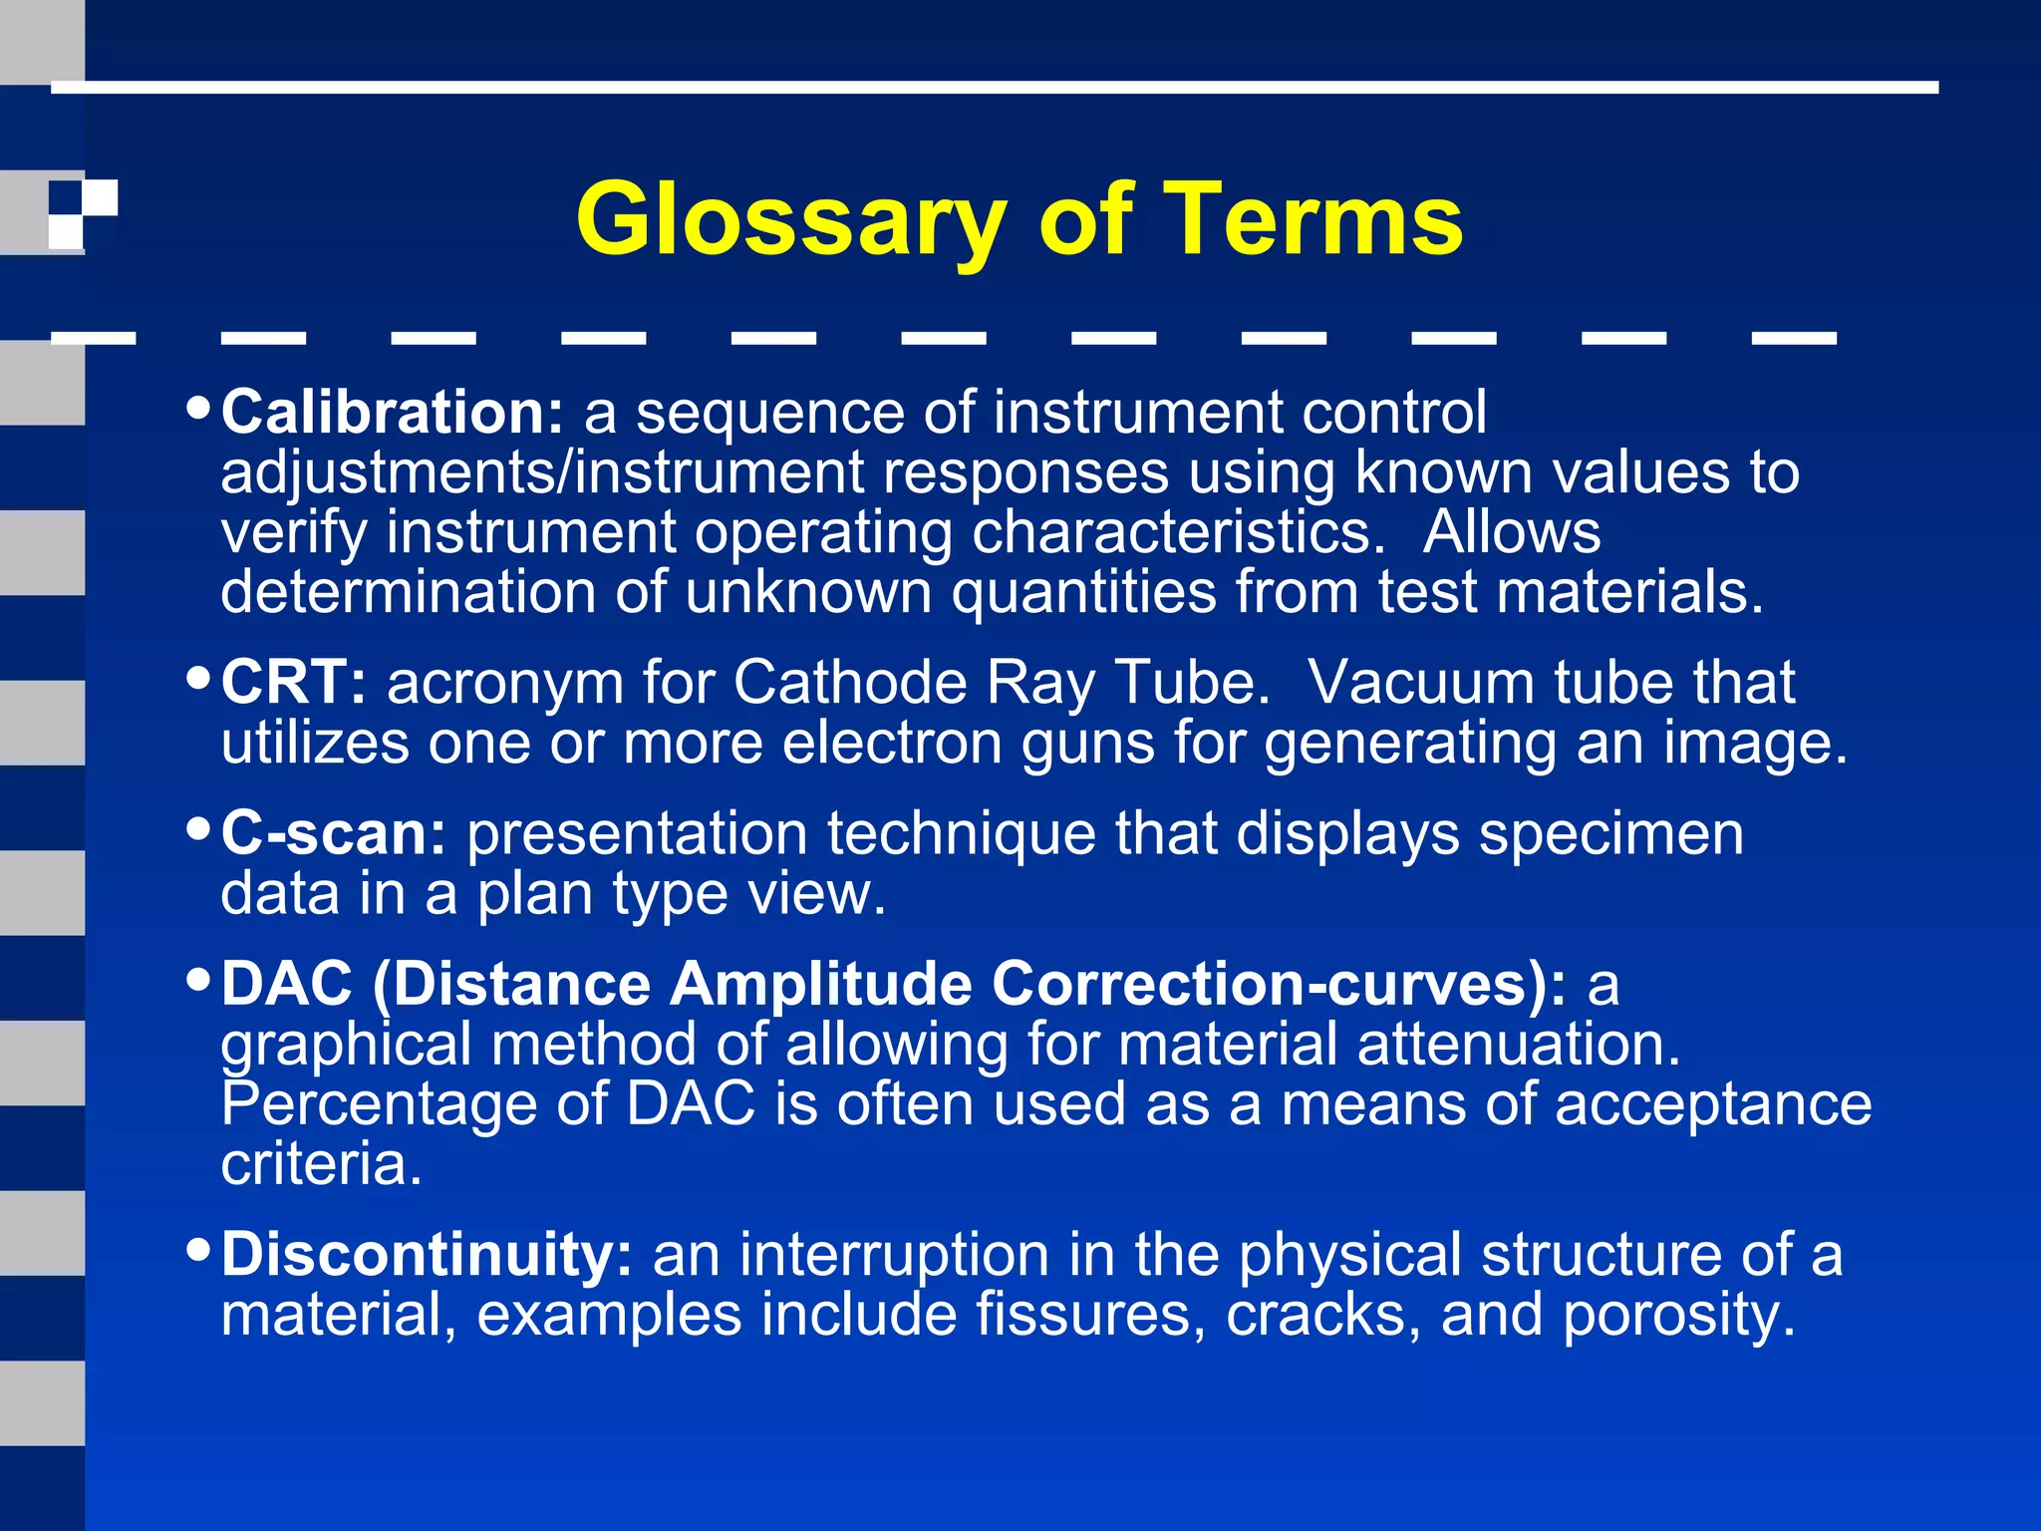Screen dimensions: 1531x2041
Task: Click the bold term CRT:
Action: [294, 683]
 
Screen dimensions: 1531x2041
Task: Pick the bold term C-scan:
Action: [334, 833]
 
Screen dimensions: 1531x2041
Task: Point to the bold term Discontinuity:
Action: [427, 1254]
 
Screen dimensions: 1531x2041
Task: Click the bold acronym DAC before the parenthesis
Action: [287, 984]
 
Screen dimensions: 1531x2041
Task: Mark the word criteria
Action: [321, 1164]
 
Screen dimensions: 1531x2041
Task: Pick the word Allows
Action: [1511, 532]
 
